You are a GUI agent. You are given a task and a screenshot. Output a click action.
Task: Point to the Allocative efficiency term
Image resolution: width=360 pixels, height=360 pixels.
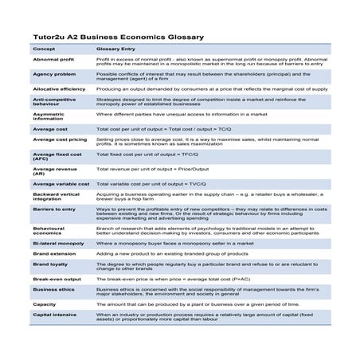(59, 89)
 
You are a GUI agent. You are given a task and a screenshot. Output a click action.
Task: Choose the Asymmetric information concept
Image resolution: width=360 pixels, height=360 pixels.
(52, 115)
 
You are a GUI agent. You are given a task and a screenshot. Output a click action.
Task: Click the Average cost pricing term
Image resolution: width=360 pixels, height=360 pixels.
(60, 139)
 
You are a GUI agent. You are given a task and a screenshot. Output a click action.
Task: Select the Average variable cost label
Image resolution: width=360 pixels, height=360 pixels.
(61, 183)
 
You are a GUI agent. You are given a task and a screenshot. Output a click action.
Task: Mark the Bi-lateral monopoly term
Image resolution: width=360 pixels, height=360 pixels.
(58, 242)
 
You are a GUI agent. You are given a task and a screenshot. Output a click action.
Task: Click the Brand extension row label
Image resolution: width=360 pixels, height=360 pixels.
(54, 252)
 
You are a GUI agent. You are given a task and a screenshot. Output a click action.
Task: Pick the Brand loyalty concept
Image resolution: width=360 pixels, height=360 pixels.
(49, 263)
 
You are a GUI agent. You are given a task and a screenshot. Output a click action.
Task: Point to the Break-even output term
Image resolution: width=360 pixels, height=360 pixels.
(57, 280)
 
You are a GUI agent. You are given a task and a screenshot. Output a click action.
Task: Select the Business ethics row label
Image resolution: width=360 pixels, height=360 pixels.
(53, 290)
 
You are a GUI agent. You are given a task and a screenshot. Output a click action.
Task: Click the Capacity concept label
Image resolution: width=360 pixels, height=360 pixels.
(45, 305)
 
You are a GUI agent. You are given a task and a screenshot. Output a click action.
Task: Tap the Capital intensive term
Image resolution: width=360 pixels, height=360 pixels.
(54, 315)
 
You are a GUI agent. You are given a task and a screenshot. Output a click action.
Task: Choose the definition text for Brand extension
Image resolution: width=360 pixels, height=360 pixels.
(170, 252)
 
